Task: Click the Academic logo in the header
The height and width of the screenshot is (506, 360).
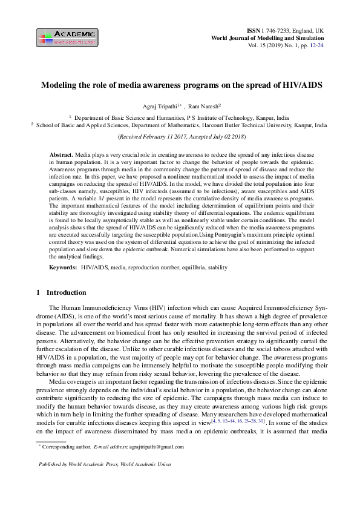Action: point(67,38)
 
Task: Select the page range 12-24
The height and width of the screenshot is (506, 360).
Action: point(317,45)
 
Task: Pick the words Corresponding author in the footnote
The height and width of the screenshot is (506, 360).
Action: point(66,447)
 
